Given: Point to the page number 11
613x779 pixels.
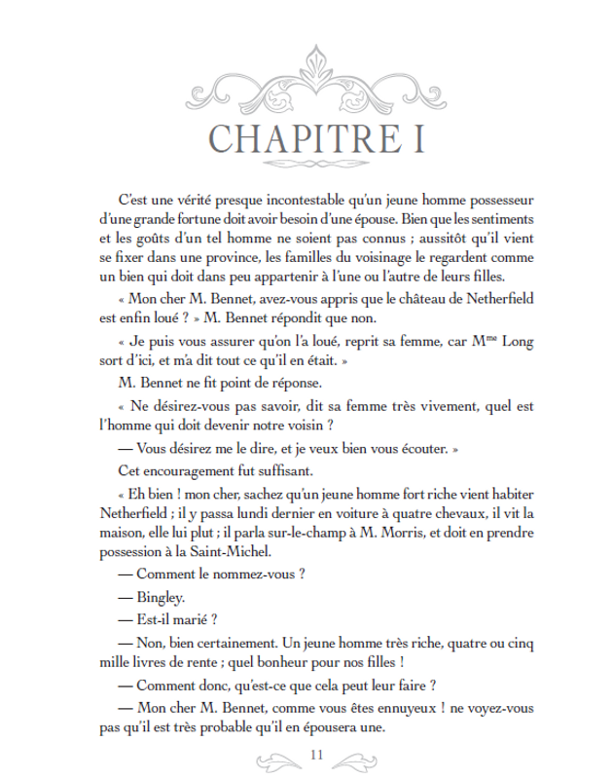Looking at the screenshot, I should click(314, 755).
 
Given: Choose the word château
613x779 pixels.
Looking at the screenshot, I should click(396, 296).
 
